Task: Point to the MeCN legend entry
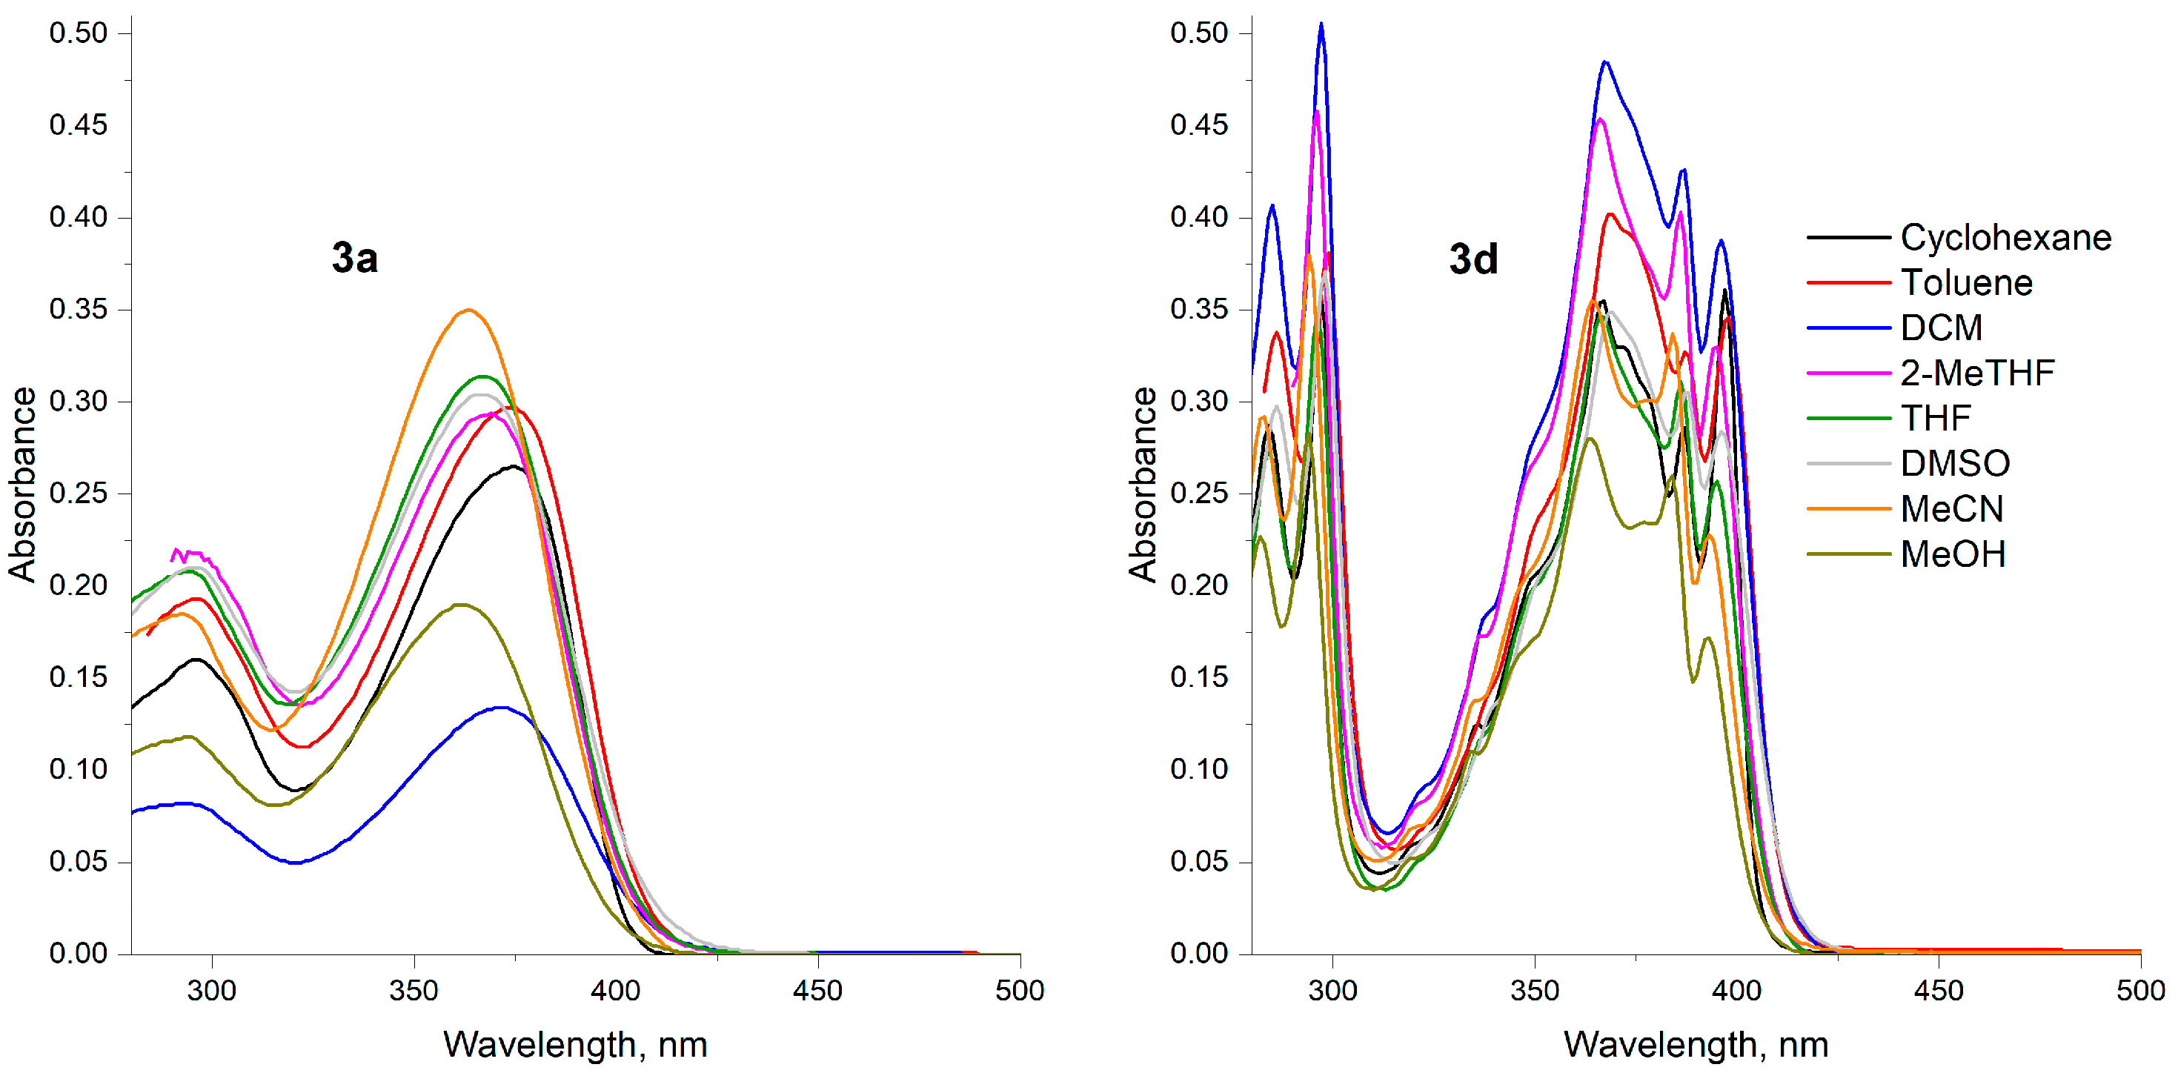(1951, 509)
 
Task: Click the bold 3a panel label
(354, 258)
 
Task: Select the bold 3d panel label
(1473, 259)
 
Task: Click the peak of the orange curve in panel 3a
(468, 310)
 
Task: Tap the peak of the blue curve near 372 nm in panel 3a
(502, 708)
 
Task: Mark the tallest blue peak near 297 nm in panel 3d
(1321, 24)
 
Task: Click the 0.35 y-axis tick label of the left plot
(79, 310)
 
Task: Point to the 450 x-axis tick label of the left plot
(817, 990)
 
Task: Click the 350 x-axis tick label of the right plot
(1535, 990)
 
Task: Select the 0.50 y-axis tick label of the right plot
(1199, 33)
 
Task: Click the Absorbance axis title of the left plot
(23, 485)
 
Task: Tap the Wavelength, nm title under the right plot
(1696, 1044)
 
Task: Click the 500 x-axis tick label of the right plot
(2140, 990)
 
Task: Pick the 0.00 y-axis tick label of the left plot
(79, 953)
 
